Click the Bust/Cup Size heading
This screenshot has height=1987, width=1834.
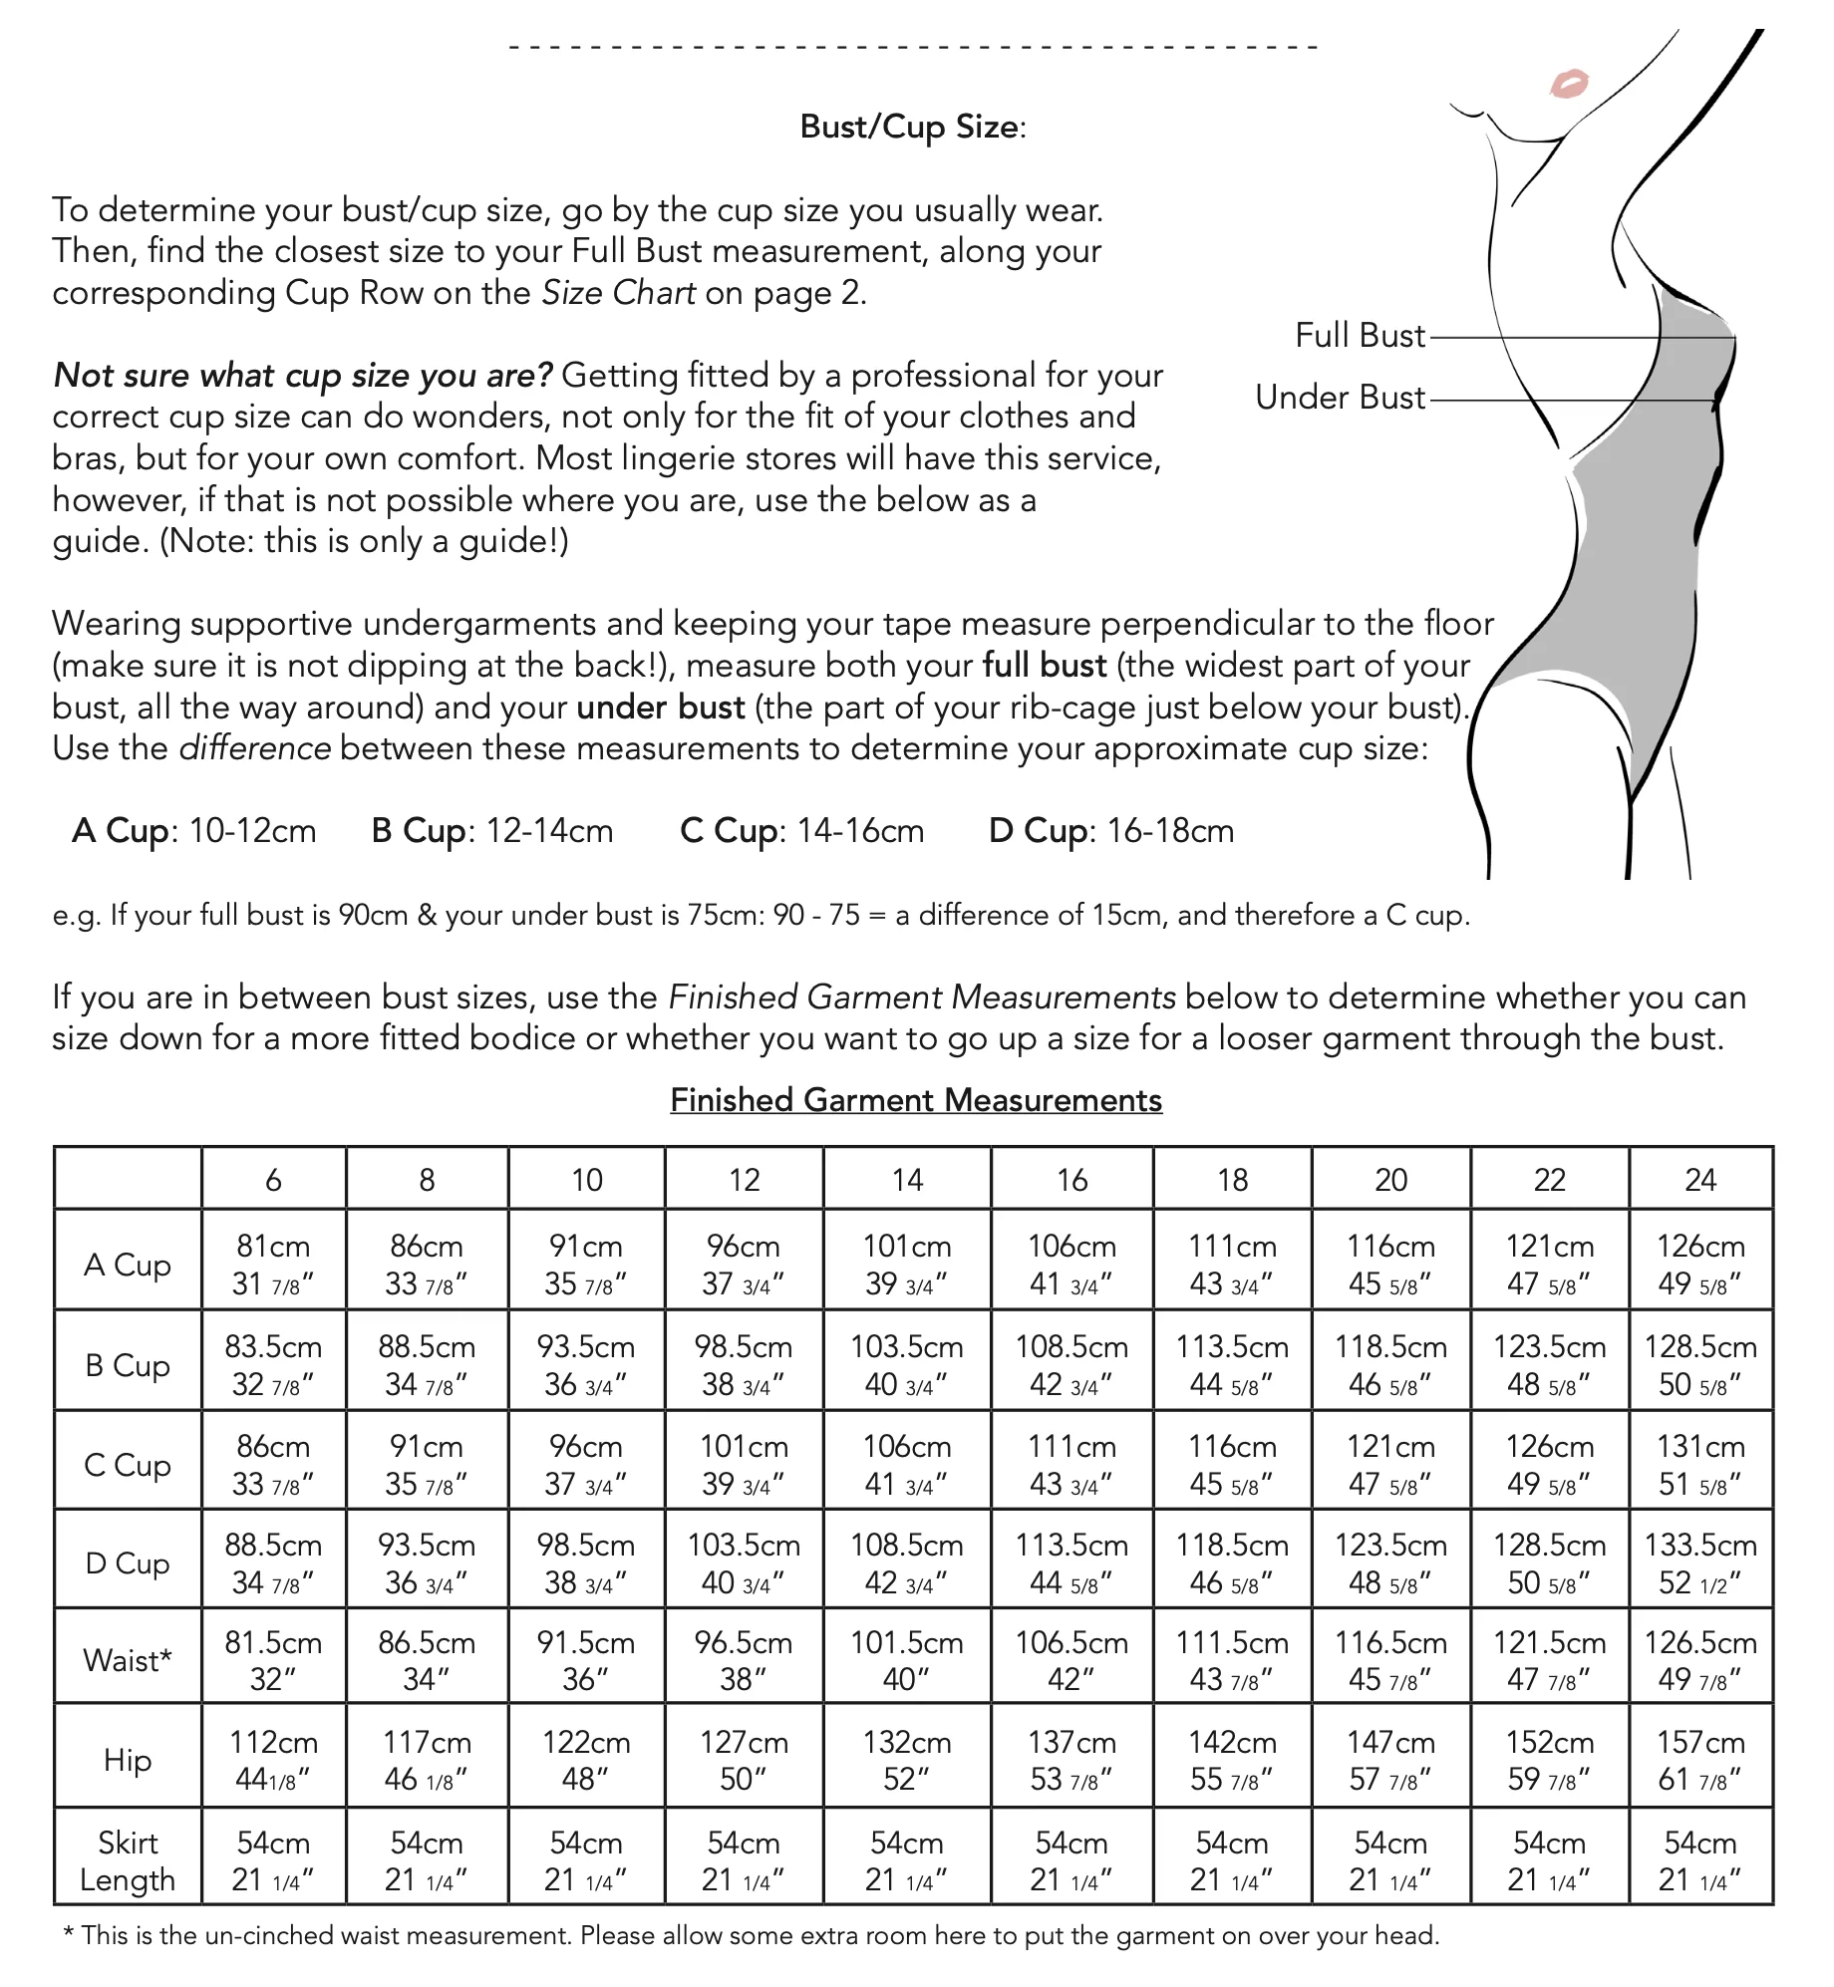point(912,128)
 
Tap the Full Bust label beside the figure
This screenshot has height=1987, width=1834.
point(1360,336)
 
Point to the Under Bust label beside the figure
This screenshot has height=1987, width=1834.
point(1340,398)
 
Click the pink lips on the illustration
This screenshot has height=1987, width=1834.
point(1569,83)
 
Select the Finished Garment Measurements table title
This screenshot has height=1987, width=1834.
point(916,1100)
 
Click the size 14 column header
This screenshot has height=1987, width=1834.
point(907,1180)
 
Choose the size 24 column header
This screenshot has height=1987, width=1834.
point(1700,1180)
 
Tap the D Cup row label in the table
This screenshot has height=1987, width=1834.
point(128,1563)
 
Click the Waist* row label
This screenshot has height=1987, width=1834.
point(128,1660)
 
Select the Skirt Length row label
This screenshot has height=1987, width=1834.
point(128,1861)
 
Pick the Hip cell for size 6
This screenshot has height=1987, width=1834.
point(273,1760)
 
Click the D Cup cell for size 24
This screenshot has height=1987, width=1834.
point(1700,1563)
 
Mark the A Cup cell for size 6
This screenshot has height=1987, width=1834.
point(273,1265)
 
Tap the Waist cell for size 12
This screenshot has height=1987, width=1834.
point(744,1660)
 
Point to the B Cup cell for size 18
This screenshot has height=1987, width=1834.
point(1232,1365)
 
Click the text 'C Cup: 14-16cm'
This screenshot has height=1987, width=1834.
point(801,831)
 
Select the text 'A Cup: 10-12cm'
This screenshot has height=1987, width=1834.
point(193,831)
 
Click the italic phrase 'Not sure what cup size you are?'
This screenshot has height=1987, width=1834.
point(302,376)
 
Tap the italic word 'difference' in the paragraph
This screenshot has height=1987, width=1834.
point(255,748)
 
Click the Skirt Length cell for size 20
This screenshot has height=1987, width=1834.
point(1390,1861)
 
